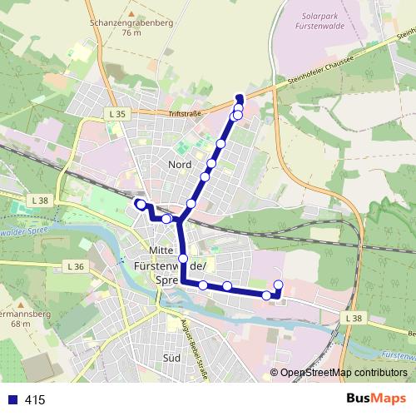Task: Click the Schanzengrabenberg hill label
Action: coord(131,23)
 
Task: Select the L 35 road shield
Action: coord(116,112)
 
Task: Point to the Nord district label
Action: coord(180,165)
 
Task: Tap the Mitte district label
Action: coord(160,251)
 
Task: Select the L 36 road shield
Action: coord(72,266)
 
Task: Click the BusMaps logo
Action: coord(374,399)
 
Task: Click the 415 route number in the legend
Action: coord(35,400)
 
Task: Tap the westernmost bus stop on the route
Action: coord(140,204)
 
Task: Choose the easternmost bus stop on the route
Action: coord(278,286)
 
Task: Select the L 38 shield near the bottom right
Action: coord(351,319)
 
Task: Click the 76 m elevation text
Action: coord(131,34)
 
